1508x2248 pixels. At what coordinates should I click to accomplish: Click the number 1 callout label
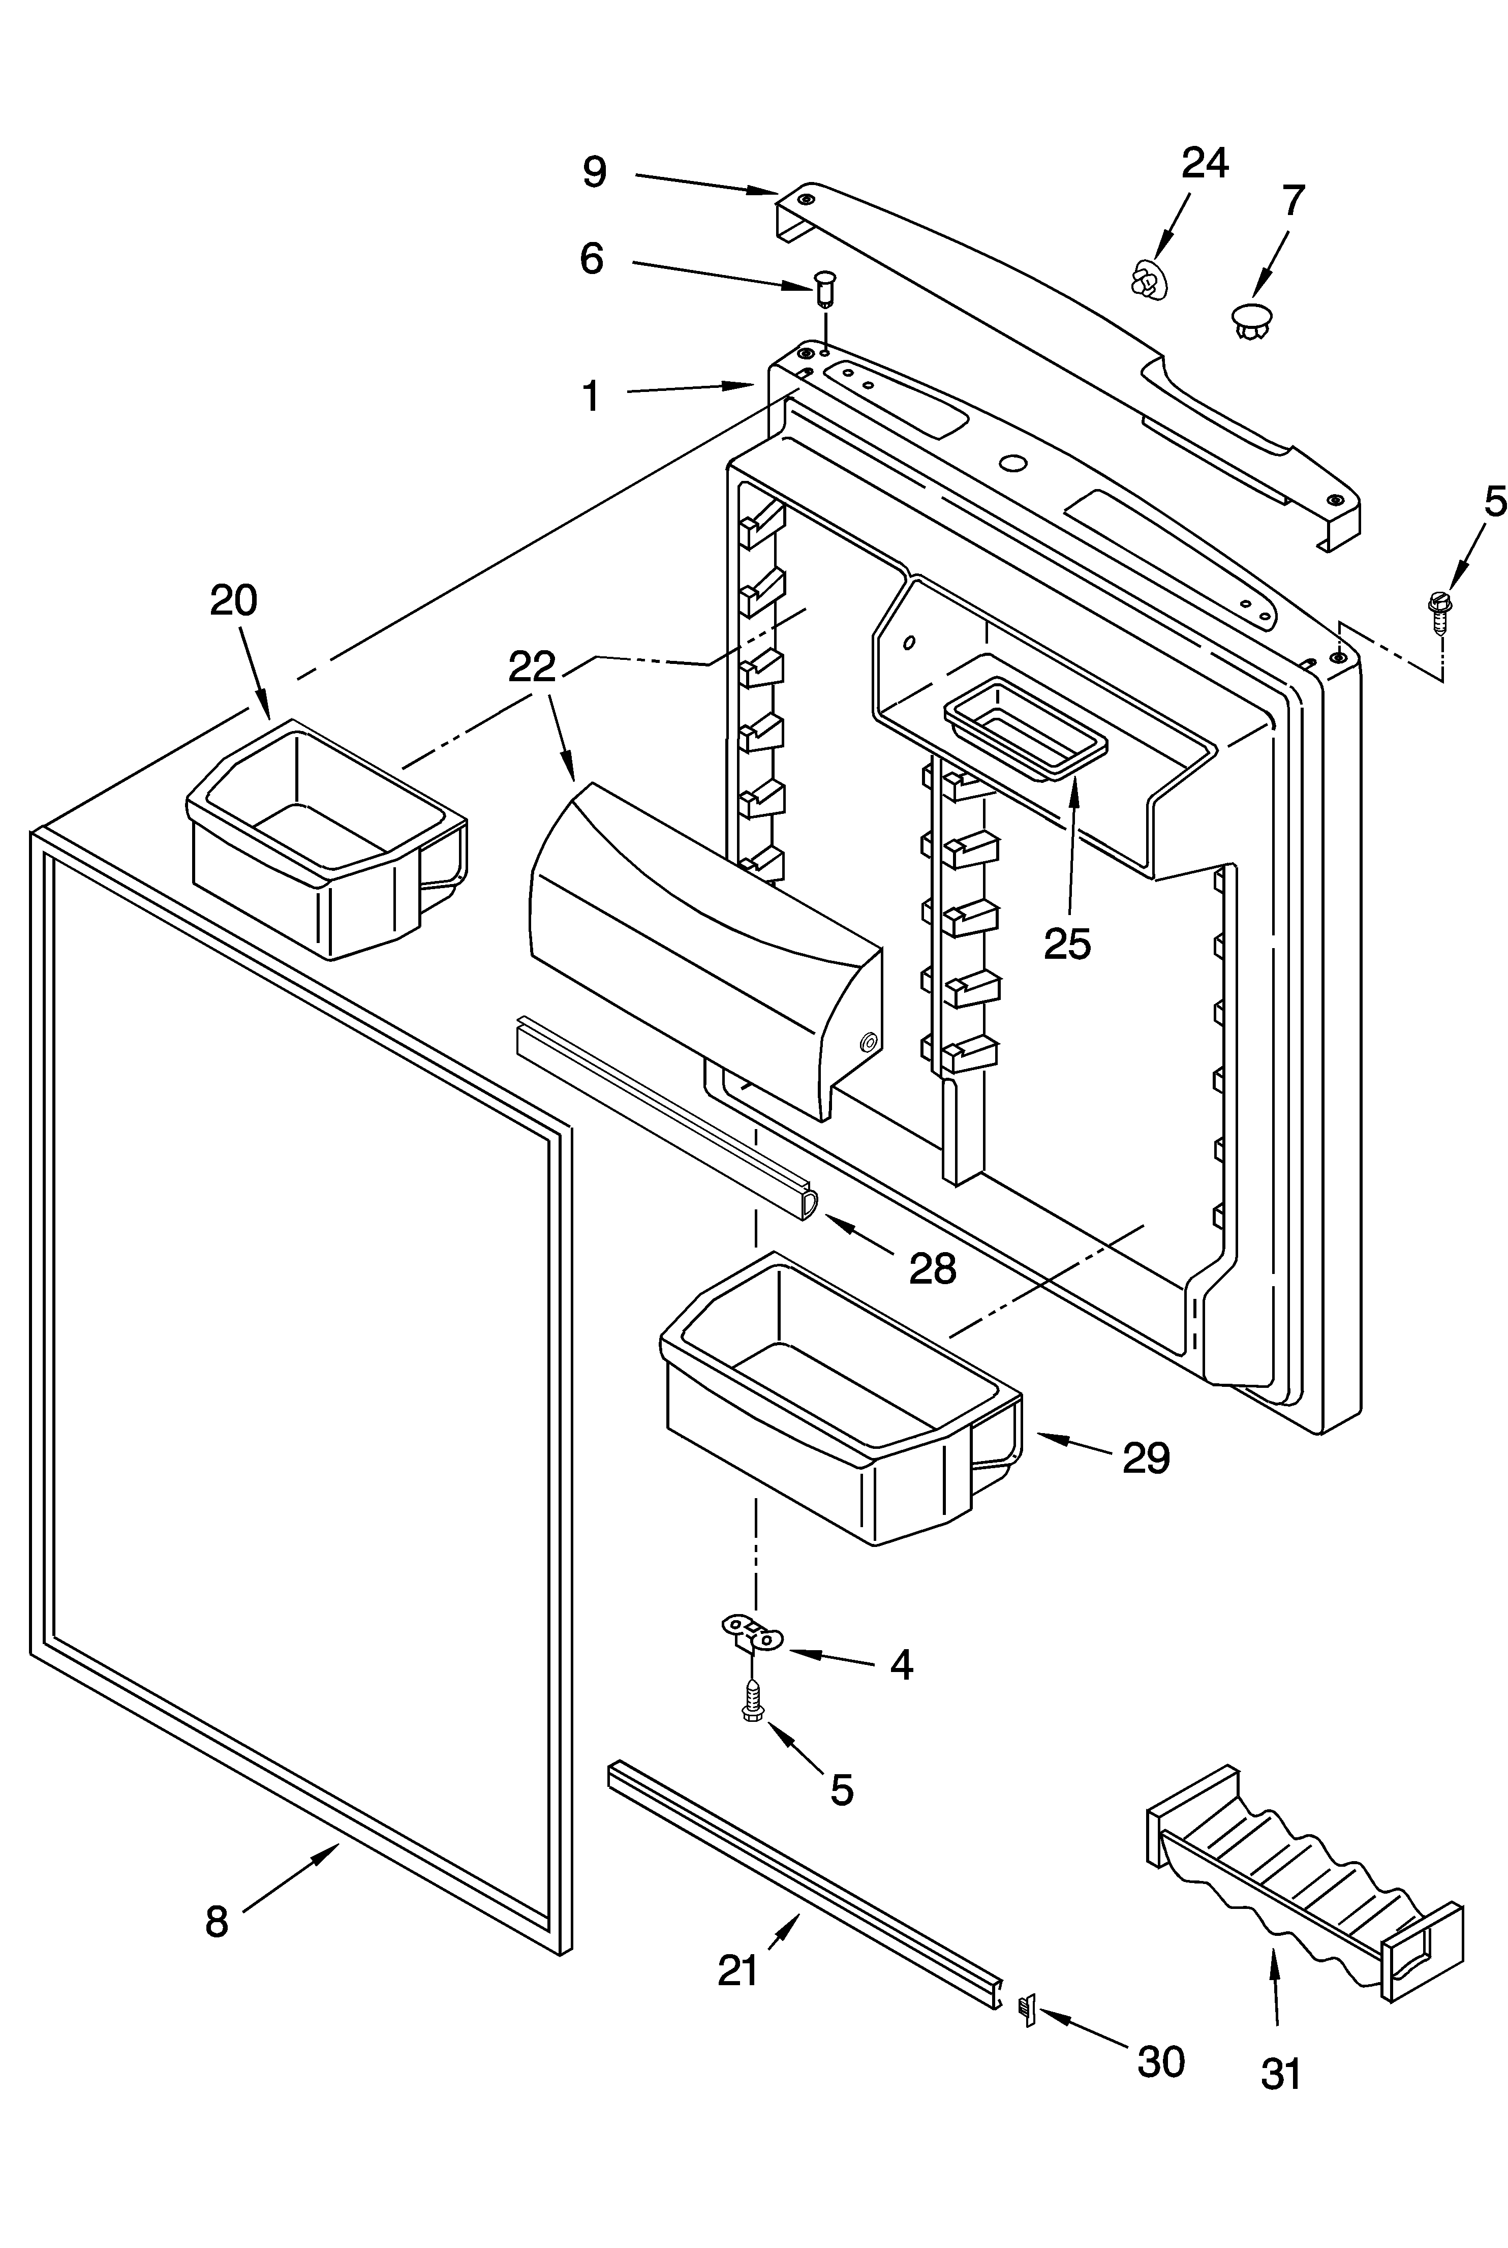(x=592, y=396)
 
